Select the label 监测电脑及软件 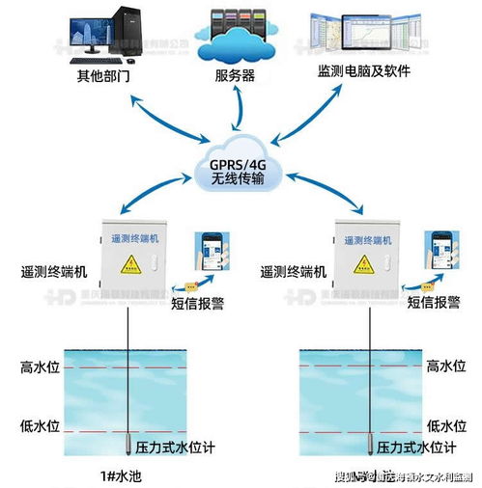(x=371, y=73)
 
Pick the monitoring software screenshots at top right (x=370, y=34)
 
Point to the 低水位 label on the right (x=447, y=425)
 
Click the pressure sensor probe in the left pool (x=129, y=443)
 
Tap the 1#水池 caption (x=126, y=474)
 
